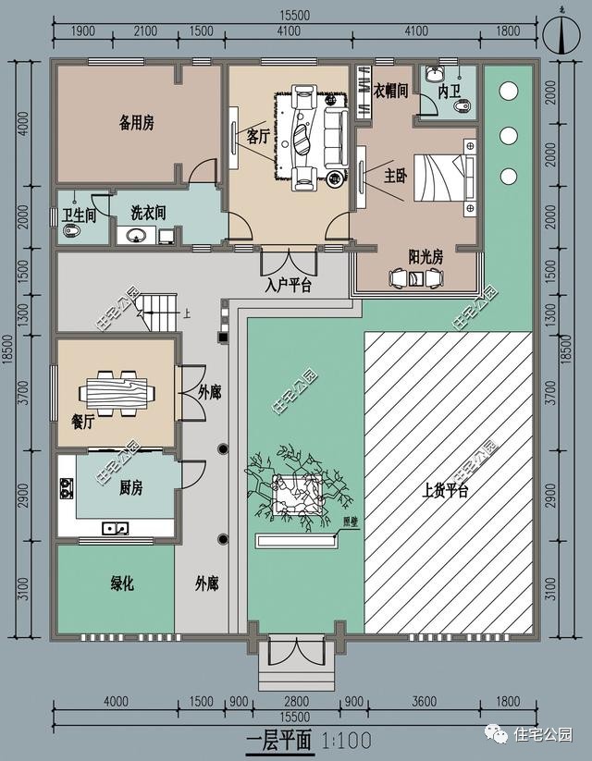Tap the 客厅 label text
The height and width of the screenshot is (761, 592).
point(258,137)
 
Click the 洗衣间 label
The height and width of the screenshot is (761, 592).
point(148,213)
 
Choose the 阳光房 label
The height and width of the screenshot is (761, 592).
point(425,257)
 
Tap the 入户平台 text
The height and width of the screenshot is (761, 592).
point(288,286)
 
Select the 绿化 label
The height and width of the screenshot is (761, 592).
point(122,583)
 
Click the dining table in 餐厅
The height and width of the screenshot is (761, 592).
point(115,392)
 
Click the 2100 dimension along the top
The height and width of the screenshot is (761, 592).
point(144,31)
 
